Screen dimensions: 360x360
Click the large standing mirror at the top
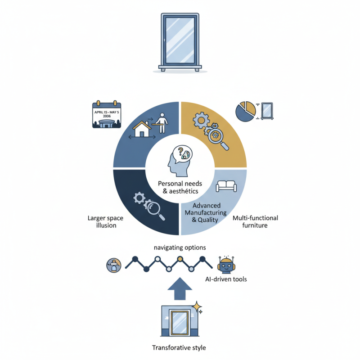[180, 42]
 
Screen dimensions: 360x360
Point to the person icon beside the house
[162, 123]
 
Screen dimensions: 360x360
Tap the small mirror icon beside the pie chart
[267, 110]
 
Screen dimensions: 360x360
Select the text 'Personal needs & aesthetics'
[180, 187]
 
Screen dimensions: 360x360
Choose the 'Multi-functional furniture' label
[255, 221]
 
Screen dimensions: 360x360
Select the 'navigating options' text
[180, 247]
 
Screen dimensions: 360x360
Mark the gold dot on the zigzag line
[180, 259]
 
